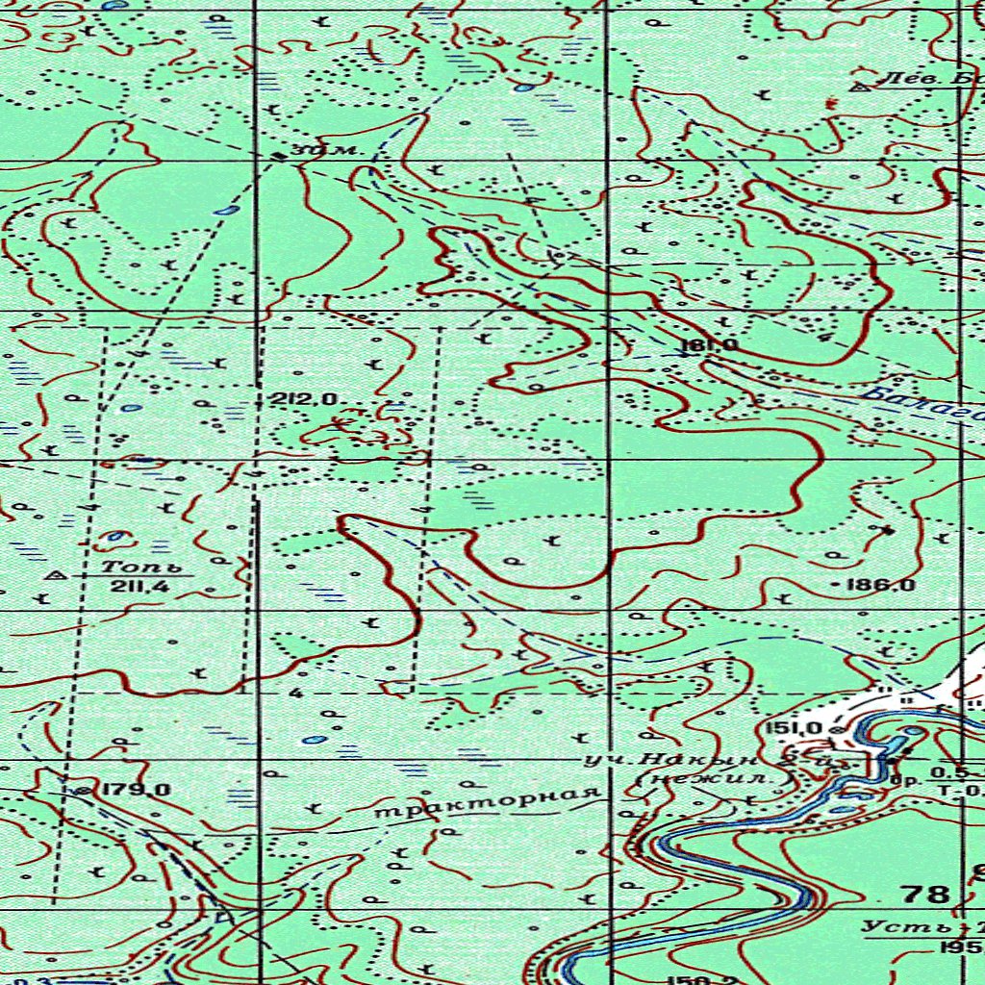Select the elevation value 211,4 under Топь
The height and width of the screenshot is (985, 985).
135,587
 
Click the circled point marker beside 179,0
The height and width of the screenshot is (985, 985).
83,790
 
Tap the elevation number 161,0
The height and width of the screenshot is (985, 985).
708,345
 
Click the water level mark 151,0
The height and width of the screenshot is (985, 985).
795,729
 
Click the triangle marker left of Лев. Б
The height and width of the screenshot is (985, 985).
861,87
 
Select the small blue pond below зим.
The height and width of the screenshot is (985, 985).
226,209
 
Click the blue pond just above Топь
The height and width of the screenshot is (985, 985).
116,536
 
